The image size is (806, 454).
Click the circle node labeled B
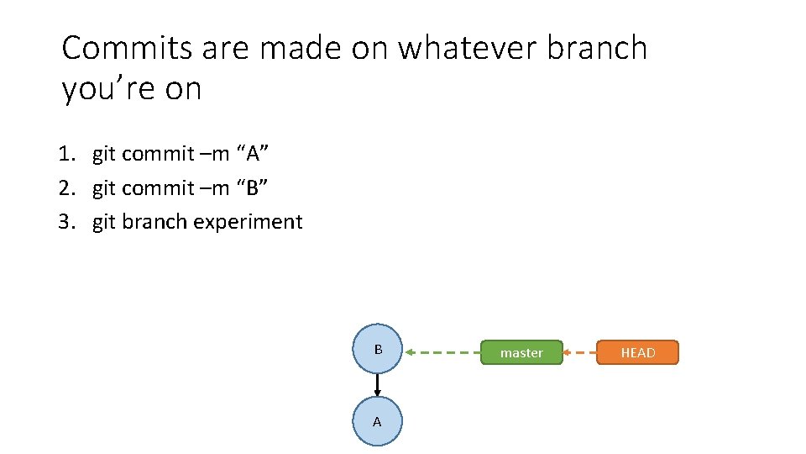coord(378,349)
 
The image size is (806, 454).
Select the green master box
coord(521,353)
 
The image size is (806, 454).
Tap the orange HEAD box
coord(637,353)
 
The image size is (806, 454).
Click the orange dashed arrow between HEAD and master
coord(579,353)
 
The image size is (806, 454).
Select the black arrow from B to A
coord(378,385)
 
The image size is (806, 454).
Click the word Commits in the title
coord(128,49)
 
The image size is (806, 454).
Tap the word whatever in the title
coord(467,49)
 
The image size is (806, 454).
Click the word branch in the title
coord(597,49)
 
